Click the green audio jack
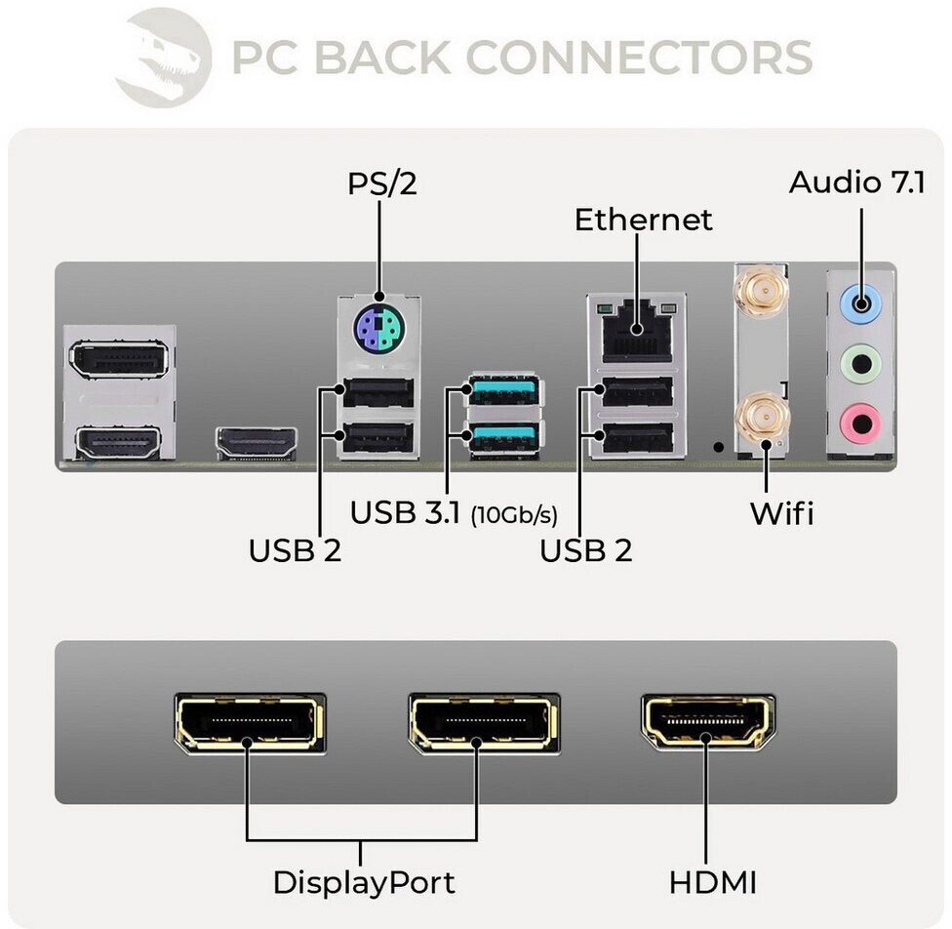[x=859, y=364]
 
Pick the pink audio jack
[x=859, y=422]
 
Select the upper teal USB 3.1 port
[x=503, y=390]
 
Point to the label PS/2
[x=381, y=183]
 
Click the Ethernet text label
[x=643, y=220]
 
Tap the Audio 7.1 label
[x=856, y=182]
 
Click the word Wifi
[x=780, y=513]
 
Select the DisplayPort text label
[x=363, y=882]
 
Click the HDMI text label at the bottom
[x=712, y=882]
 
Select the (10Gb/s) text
[x=521, y=515]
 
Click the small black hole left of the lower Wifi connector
[x=719, y=446]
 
